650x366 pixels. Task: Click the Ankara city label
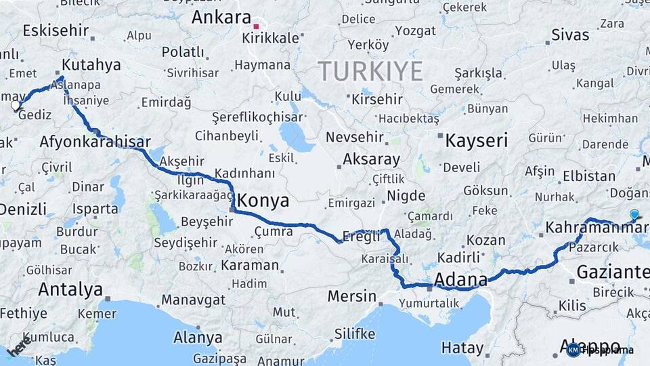point(221,17)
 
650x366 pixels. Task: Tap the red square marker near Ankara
point(256,26)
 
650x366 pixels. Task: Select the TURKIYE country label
point(370,71)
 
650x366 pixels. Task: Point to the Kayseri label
point(476,141)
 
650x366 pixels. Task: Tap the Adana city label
point(460,279)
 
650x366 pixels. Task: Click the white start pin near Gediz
point(16,106)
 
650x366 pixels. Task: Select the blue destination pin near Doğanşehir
point(634,215)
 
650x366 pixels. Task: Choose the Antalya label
point(70,289)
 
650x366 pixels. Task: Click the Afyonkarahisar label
point(95,142)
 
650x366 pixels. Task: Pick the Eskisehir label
point(56,30)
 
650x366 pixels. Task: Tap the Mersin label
point(351,296)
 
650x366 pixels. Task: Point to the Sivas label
point(570,35)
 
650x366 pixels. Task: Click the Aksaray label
point(371,159)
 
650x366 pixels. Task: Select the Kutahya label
point(91,65)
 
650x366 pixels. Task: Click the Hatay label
point(462,348)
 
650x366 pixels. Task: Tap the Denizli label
point(24,209)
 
